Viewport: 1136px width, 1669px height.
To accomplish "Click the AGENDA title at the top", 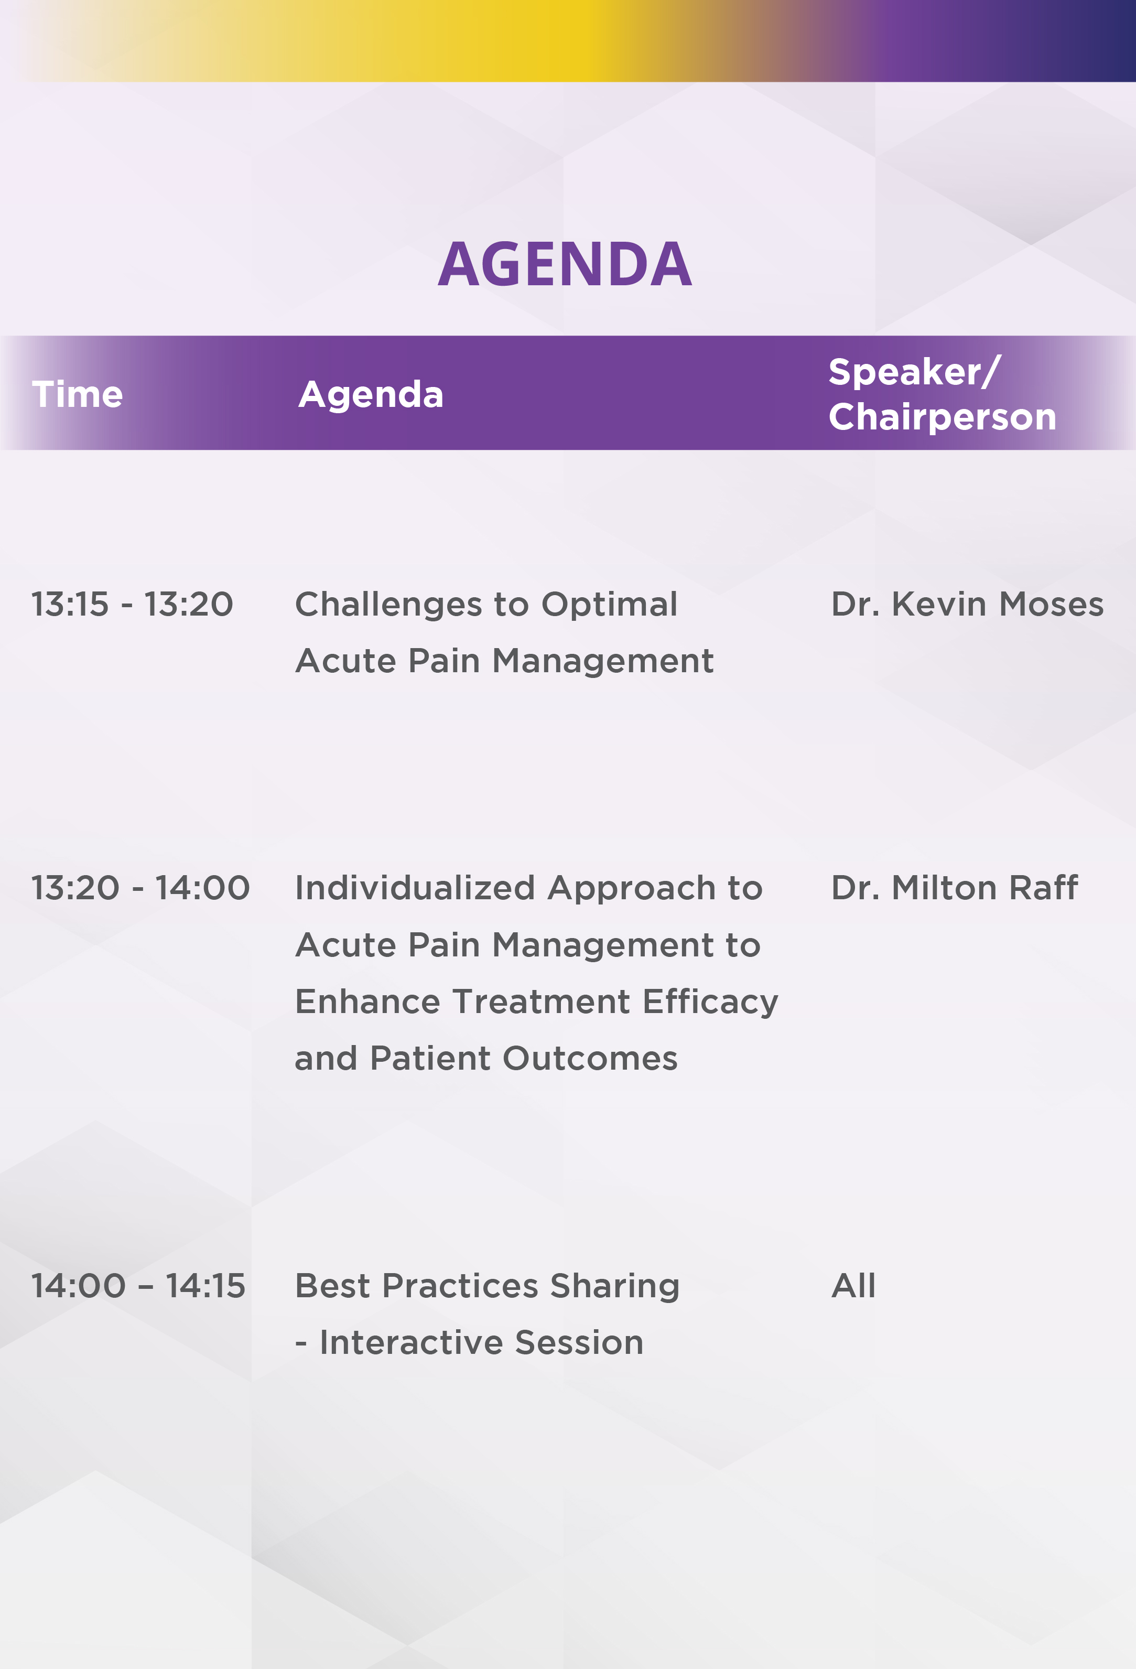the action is coord(565,264).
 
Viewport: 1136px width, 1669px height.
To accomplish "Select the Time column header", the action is coord(78,394).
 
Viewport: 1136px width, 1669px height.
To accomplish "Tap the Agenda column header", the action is coord(371,395).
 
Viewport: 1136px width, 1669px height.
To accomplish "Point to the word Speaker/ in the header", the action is coord(914,372).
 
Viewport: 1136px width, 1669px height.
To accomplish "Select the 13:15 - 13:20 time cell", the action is coord(132,605).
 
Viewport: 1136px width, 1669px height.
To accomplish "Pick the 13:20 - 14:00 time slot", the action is coord(140,888).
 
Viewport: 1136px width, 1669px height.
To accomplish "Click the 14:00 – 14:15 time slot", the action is coord(138,1286).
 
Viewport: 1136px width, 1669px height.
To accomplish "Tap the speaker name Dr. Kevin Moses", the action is coord(967,605).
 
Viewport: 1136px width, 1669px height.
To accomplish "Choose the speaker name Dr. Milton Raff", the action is coord(954,888).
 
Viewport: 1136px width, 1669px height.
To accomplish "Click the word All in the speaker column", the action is coord(853,1286).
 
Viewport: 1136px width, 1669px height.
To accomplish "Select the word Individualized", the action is coord(415,888).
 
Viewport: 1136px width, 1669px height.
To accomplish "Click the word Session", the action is coord(579,1343).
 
